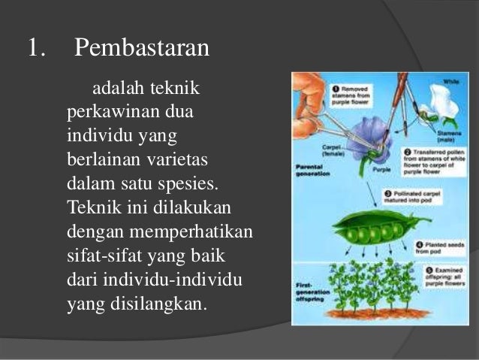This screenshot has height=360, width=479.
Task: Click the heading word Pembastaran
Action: pyautogui.click(x=142, y=50)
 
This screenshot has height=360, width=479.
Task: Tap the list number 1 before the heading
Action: pyautogui.click(x=37, y=50)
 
